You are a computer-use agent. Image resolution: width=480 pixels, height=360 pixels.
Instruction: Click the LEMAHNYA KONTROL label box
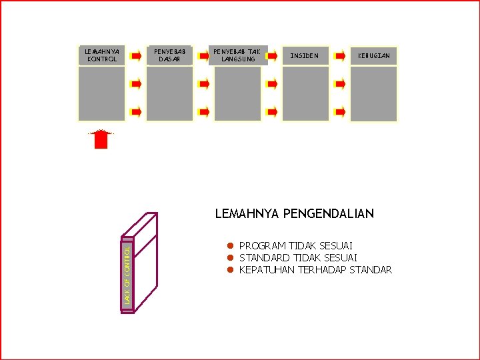click(x=101, y=55)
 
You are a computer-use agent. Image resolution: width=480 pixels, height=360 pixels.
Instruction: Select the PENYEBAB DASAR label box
click(x=169, y=55)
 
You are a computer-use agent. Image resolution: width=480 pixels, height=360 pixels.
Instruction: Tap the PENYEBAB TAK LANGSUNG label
click(x=238, y=55)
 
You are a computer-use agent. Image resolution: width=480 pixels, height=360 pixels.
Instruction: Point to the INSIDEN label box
click(x=305, y=55)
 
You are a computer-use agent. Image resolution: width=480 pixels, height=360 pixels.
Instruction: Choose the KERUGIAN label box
click(x=373, y=55)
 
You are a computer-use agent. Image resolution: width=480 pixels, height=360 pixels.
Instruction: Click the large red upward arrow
click(x=101, y=139)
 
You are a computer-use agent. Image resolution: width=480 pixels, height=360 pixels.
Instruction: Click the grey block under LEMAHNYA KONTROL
click(x=101, y=93)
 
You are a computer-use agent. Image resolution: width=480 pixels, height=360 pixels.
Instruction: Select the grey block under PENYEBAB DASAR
click(x=169, y=93)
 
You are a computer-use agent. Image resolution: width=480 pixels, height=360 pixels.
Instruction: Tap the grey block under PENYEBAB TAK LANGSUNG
click(x=238, y=93)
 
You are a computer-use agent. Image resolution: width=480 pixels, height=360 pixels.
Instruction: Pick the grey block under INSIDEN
click(x=305, y=93)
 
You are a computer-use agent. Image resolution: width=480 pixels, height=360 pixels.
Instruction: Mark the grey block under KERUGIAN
click(x=373, y=93)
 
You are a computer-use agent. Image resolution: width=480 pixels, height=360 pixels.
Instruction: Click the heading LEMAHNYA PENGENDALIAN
click(x=294, y=214)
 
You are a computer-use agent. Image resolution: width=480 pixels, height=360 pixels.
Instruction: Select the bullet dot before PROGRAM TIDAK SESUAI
click(x=228, y=246)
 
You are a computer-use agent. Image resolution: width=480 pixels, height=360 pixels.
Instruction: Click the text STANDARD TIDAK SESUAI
click(x=298, y=258)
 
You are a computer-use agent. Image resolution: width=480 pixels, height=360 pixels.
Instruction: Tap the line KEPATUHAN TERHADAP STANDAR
click(x=315, y=270)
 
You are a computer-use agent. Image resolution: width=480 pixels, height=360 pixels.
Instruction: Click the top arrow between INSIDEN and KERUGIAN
click(x=340, y=55)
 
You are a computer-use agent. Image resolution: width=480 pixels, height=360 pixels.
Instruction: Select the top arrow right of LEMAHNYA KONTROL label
click(x=135, y=55)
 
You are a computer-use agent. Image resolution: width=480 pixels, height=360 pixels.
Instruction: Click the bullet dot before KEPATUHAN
click(x=228, y=270)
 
